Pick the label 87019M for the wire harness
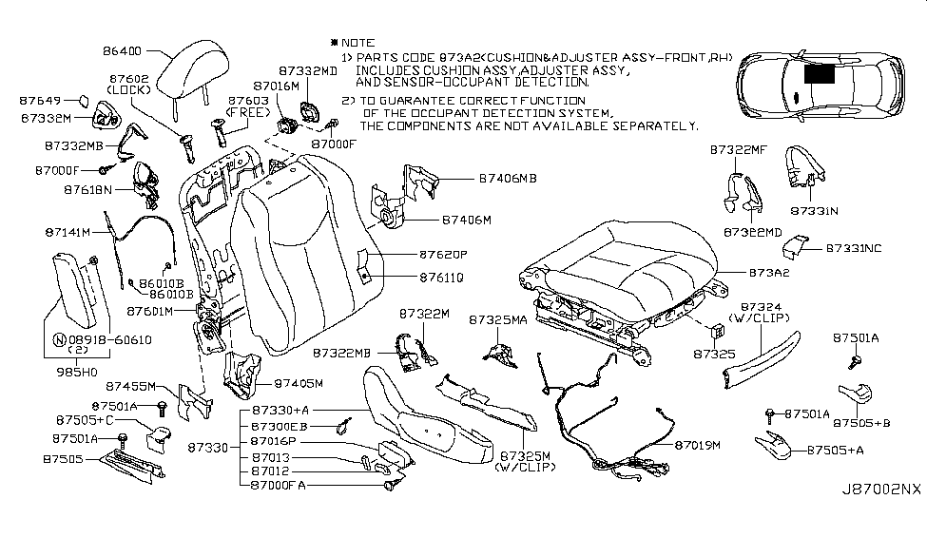(698, 444)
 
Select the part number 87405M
(300, 384)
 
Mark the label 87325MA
(497, 322)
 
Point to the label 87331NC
(853, 247)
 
